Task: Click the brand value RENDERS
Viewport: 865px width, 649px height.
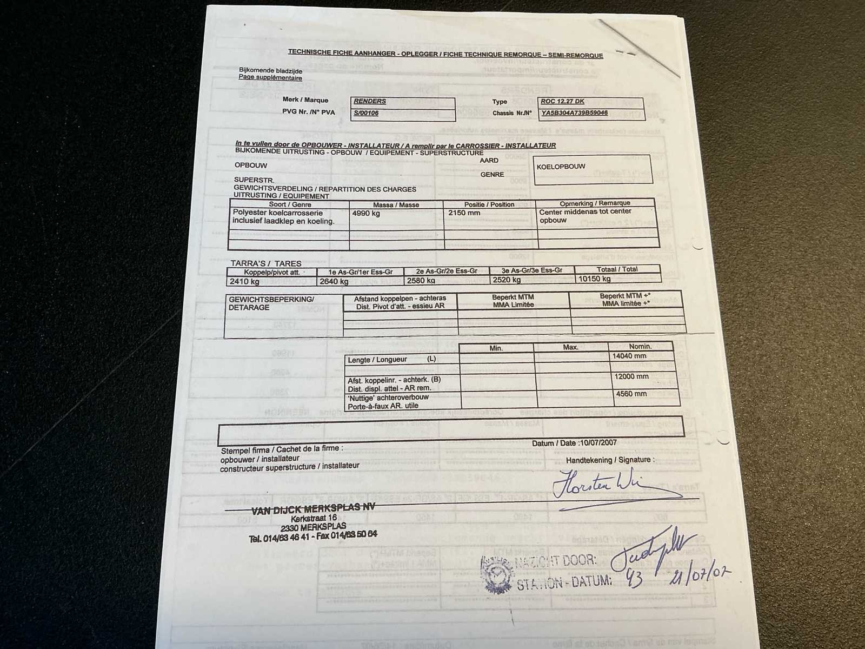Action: click(x=370, y=101)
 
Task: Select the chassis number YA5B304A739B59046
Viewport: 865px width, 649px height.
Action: click(x=574, y=113)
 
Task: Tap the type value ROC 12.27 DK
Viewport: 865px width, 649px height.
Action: click(x=562, y=101)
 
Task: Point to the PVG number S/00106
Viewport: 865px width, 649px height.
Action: click(x=366, y=113)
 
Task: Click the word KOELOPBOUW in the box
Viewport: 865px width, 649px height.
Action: click(x=561, y=167)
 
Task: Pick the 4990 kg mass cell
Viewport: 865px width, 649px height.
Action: click(x=366, y=214)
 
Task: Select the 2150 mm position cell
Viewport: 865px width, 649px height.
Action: click(x=464, y=213)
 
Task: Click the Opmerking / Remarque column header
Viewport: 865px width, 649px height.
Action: click(x=595, y=203)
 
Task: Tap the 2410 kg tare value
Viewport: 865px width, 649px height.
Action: click(x=244, y=281)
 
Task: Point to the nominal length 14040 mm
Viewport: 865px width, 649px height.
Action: click(x=629, y=356)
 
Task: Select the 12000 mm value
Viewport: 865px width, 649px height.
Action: click(x=631, y=376)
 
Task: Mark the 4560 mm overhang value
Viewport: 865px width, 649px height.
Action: click(x=631, y=394)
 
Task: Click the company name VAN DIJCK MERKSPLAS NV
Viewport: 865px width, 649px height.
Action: click(x=313, y=509)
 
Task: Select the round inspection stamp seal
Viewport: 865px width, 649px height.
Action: click(x=496, y=575)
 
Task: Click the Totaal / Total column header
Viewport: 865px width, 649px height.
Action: click(x=617, y=269)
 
